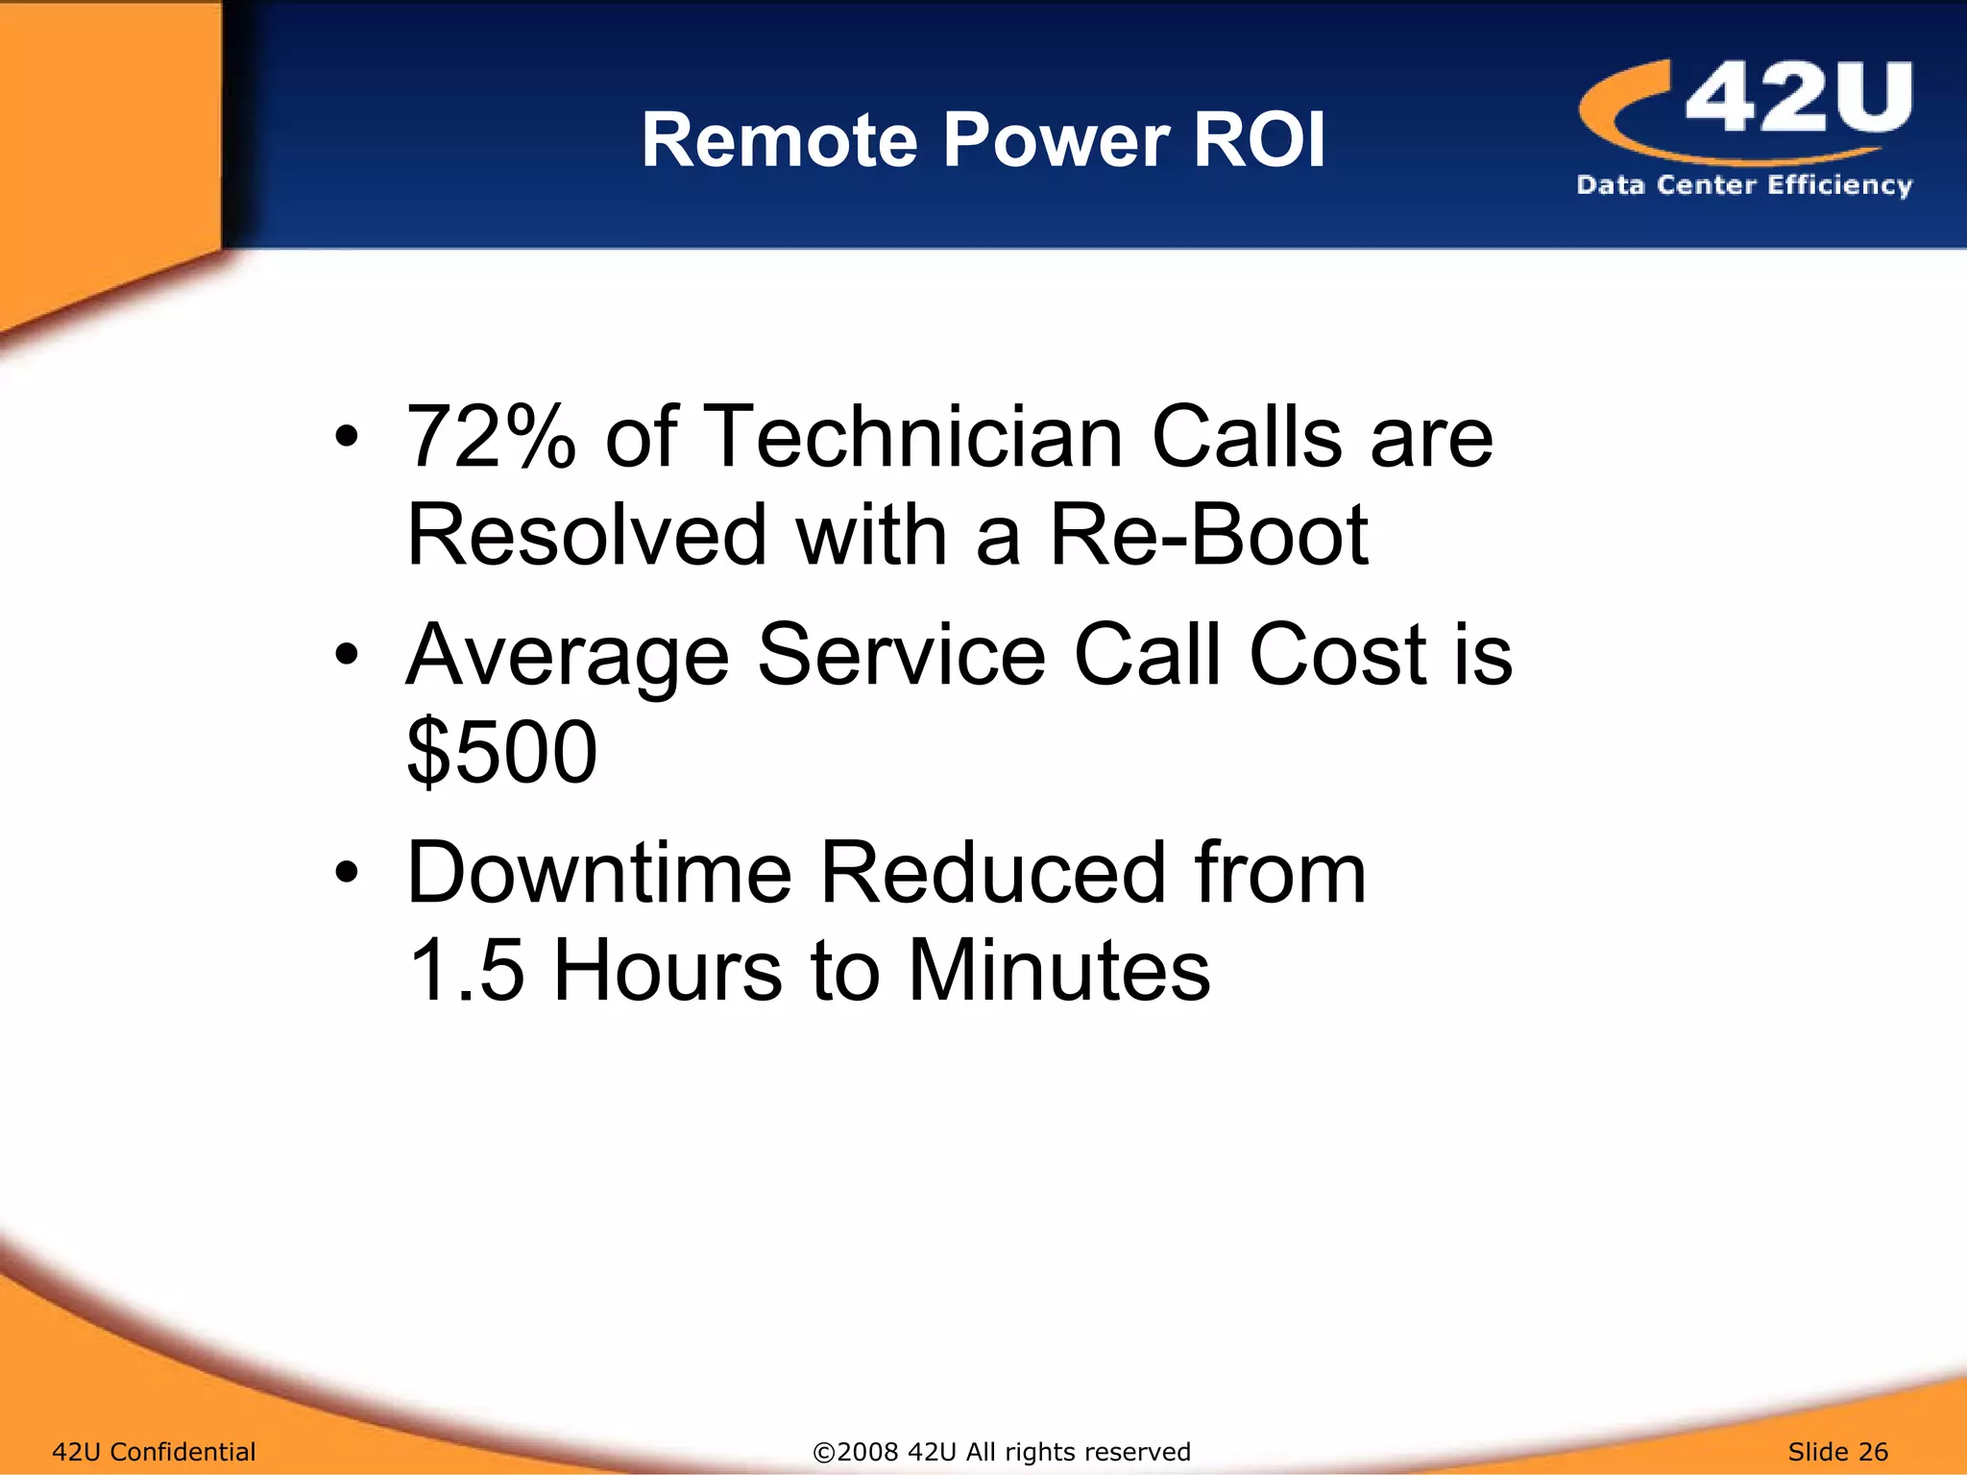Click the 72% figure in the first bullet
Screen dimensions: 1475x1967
[x=491, y=438]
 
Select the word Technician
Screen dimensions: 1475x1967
[x=913, y=438]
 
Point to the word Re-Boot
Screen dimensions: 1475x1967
[x=1208, y=535]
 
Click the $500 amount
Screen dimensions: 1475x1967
[x=501, y=752]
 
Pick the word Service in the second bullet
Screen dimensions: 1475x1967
[x=901, y=656]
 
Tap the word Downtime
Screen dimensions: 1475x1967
[x=599, y=873]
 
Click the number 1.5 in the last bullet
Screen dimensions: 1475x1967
[x=466, y=971]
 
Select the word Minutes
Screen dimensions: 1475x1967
[x=1058, y=971]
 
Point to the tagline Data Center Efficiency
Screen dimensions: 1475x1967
[x=1744, y=184]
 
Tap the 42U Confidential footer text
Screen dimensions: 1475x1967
[x=154, y=1452]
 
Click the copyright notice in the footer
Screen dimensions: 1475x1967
[x=1002, y=1452]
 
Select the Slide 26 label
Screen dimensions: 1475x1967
[x=1837, y=1452]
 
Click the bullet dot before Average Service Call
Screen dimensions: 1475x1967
[x=347, y=656]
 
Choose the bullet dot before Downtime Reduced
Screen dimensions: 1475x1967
[x=347, y=874]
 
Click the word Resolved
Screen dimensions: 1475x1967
[x=587, y=535]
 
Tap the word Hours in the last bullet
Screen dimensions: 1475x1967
[x=668, y=971]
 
